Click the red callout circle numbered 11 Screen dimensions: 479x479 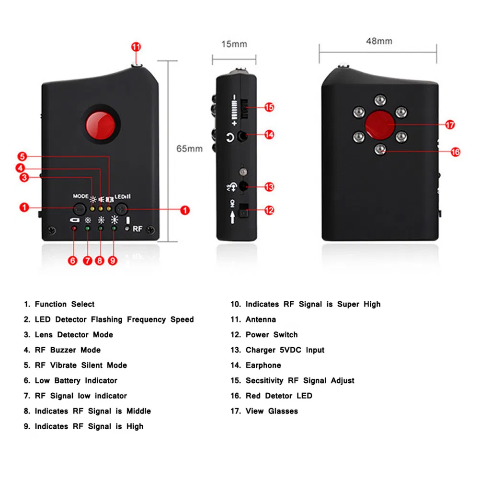point(137,47)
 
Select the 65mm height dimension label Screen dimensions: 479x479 point(189,148)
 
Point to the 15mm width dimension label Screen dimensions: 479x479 point(234,44)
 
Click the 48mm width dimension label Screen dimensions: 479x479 point(379,41)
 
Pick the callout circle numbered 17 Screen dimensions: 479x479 point(450,125)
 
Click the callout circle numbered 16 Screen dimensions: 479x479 point(455,152)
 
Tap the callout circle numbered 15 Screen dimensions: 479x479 point(269,107)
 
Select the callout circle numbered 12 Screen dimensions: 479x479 point(269,210)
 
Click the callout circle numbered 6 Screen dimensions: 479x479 point(73,261)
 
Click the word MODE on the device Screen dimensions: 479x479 point(80,196)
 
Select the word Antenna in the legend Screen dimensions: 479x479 point(261,319)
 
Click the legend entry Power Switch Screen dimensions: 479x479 point(271,335)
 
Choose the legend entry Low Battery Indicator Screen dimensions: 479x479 point(76,381)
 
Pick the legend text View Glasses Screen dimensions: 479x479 point(271,411)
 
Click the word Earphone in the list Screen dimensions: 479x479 point(263,365)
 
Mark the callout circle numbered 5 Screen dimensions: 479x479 point(23,156)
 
